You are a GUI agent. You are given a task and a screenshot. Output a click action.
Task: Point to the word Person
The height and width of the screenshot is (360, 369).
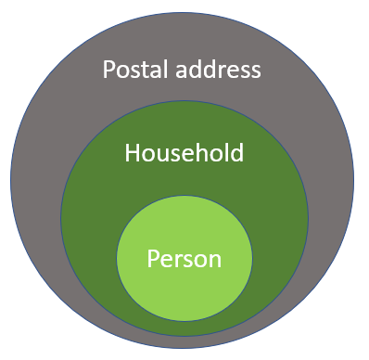(184, 258)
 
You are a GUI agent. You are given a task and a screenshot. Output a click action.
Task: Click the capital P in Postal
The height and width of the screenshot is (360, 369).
(108, 70)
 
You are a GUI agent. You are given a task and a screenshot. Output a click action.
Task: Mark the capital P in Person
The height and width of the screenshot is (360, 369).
(153, 258)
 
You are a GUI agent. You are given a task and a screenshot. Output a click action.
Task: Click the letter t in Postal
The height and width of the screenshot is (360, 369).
(141, 70)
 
